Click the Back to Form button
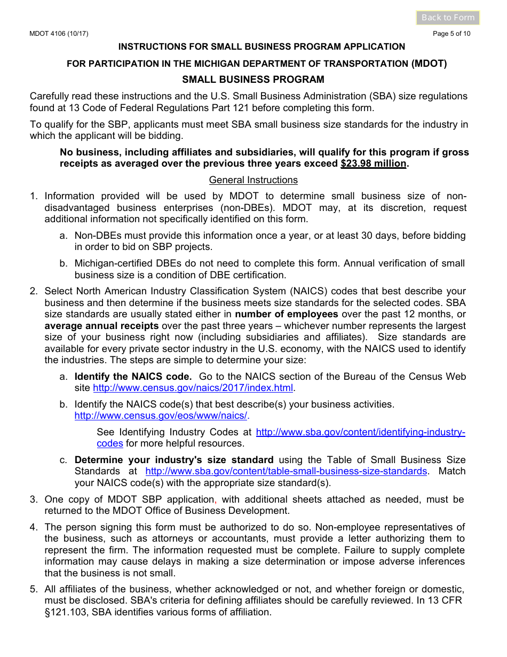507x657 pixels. click(x=448, y=18)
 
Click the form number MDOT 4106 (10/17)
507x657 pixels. click(x=59, y=34)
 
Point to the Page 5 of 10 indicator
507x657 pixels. click(x=451, y=34)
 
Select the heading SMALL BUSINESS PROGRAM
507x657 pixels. click(x=253, y=80)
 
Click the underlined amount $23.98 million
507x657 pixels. click(x=374, y=163)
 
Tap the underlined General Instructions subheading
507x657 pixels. click(x=253, y=180)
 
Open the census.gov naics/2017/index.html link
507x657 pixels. click(x=193, y=388)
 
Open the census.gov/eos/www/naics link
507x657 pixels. click(x=161, y=416)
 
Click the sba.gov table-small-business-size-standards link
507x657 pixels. click(x=286, y=471)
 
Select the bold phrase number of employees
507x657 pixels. click(x=286, y=314)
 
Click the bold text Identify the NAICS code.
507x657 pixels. click(x=133, y=377)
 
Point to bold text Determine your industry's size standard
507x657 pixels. click(x=174, y=460)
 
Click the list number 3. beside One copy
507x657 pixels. click(x=34, y=499)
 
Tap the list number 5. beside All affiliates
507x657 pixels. click(x=34, y=589)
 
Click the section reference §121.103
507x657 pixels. click(x=66, y=612)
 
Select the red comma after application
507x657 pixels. click(x=216, y=500)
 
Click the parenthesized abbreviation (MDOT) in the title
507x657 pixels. click(x=429, y=64)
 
